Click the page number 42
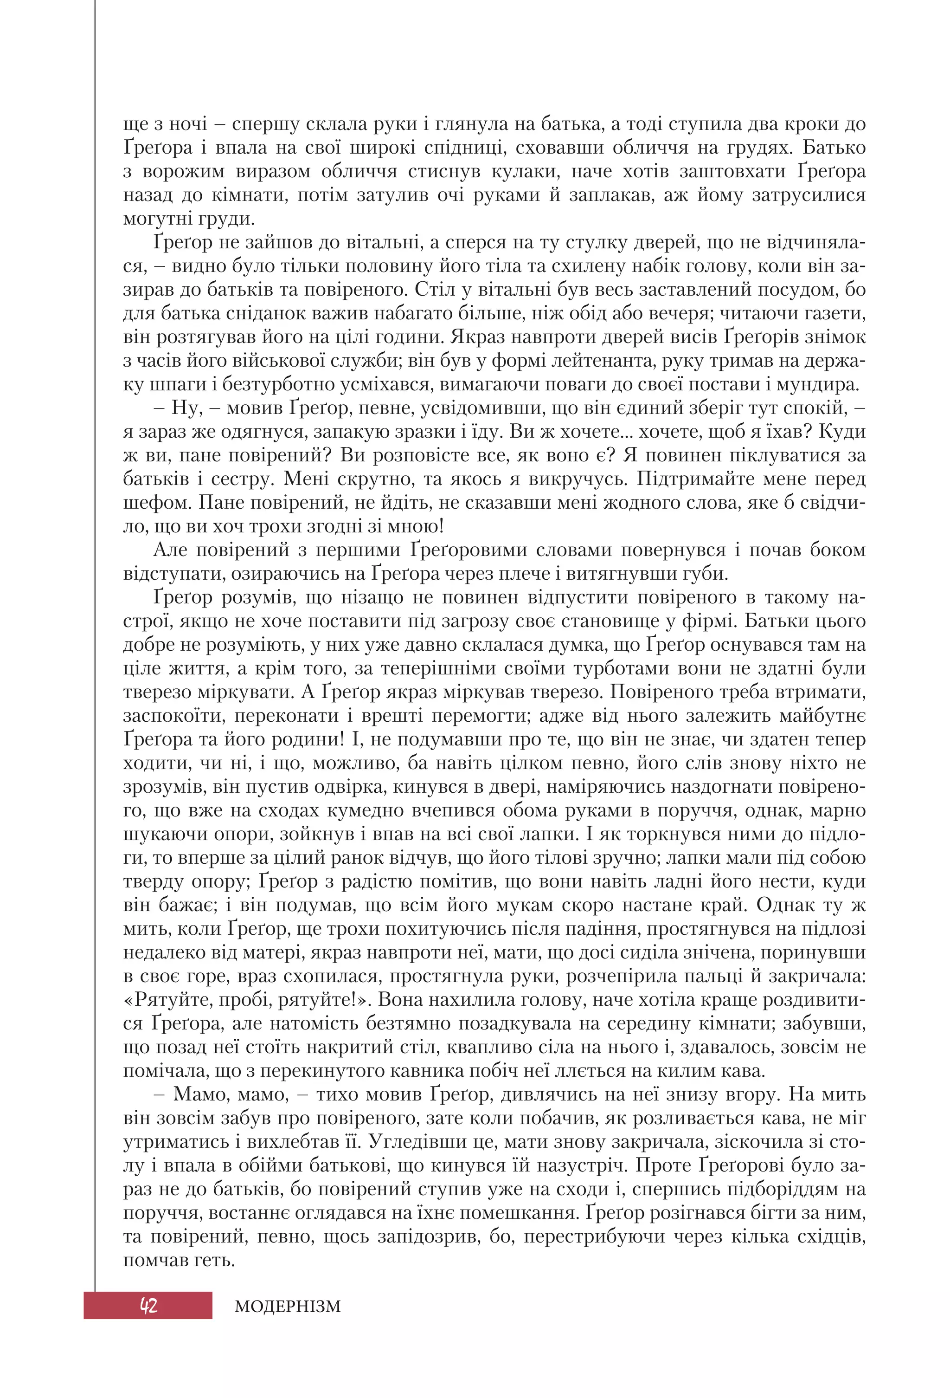tap(148, 1306)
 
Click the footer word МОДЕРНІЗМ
tap(288, 1307)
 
